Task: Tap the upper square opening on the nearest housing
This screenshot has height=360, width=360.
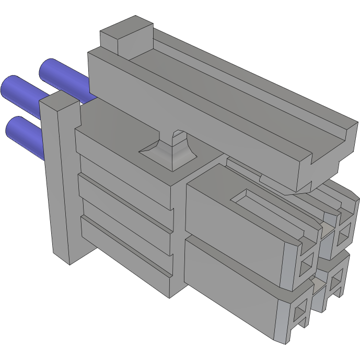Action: (x=306, y=264)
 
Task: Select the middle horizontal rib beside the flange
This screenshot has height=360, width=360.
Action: (x=125, y=193)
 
